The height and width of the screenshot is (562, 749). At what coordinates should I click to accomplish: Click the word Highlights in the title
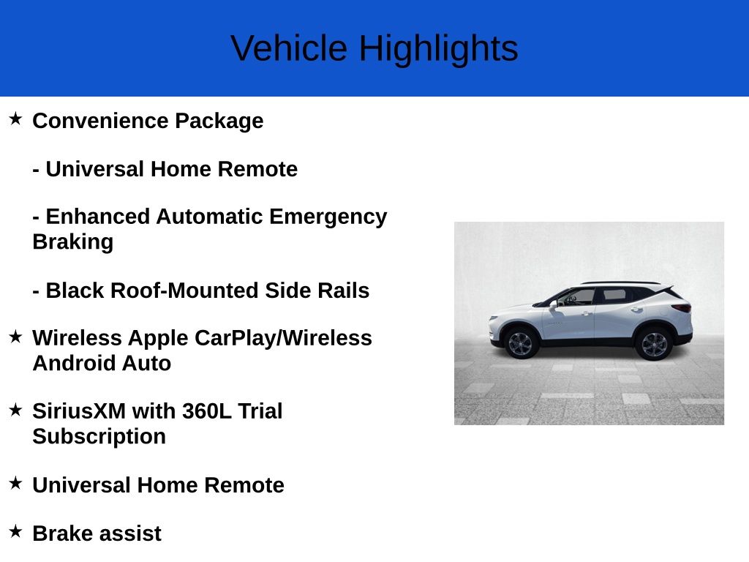[x=438, y=49]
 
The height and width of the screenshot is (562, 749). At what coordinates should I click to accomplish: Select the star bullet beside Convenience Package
[x=15, y=119]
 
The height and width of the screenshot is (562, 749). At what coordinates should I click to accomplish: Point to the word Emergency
[x=328, y=217]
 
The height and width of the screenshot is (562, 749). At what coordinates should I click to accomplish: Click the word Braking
[x=72, y=242]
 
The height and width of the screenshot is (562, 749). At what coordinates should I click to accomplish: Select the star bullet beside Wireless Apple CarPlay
[x=15, y=337]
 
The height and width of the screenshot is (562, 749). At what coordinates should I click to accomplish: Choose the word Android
[x=72, y=363]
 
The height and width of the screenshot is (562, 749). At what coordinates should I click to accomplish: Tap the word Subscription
[x=99, y=436]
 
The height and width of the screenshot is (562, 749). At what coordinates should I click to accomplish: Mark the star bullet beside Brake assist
[x=15, y=531]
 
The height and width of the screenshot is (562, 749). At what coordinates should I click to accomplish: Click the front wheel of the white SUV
[x=521, y=342]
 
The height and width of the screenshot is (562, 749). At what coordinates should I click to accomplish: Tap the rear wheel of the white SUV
[x=653, y=342]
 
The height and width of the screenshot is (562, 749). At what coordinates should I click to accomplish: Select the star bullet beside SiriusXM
[x=15, y=410]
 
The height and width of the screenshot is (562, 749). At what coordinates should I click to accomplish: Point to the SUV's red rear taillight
[x=682, y=308]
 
